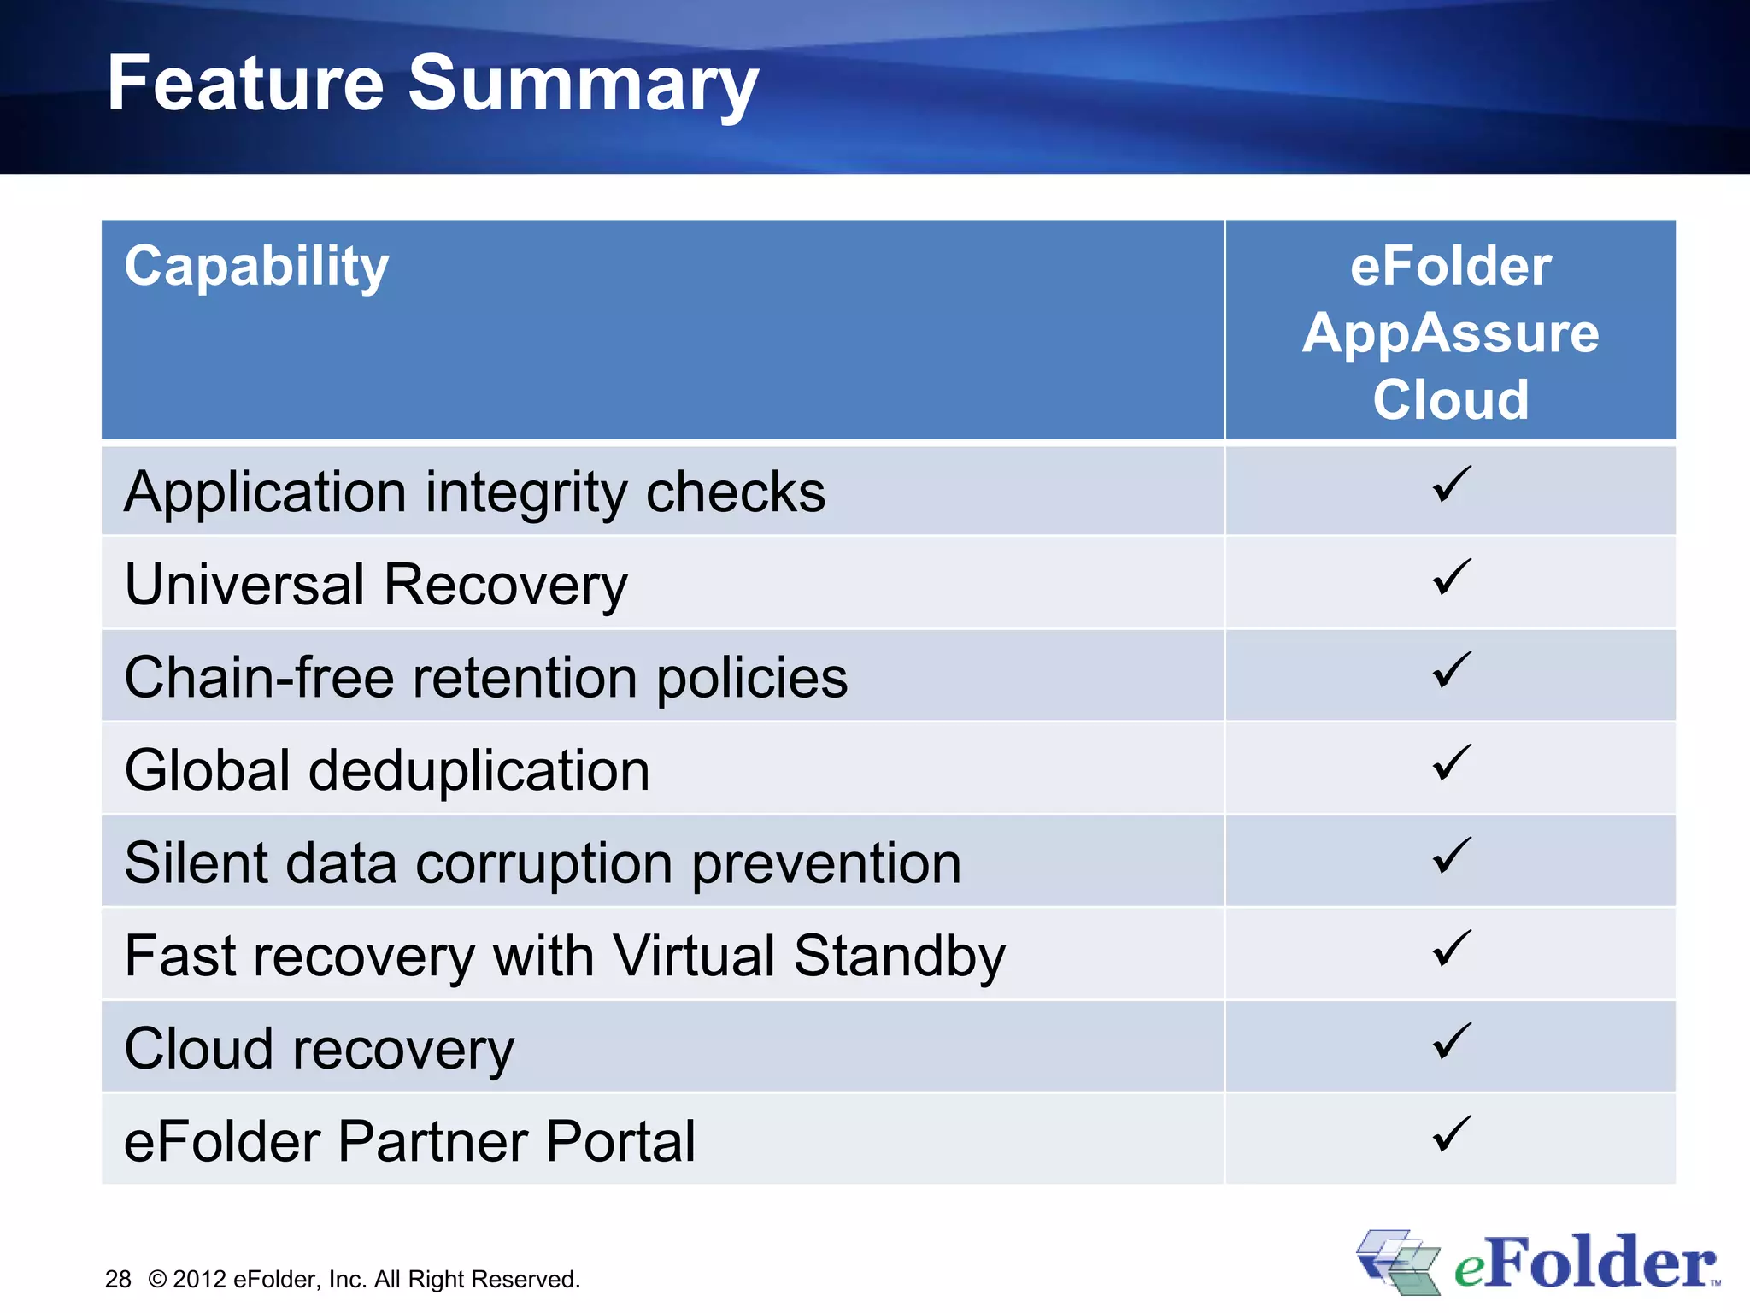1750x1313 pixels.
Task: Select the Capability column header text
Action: coord(256,267)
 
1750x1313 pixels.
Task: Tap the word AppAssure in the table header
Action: coord(1450,333)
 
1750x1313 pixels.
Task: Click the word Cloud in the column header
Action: coord(1450,399)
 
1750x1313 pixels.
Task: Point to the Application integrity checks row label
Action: coord(474,493)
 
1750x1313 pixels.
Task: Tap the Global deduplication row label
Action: coord(386,770)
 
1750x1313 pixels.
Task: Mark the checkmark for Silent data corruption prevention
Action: coord(1451,855)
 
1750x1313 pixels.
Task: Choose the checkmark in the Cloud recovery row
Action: coord(1451,1040)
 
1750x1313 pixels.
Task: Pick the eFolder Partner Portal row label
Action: coord(409,1141)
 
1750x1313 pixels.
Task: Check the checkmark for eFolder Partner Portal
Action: coord(1451,1133)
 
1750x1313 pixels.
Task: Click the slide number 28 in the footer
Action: coord(118,1279)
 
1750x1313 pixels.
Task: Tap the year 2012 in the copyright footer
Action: coord(198,1279)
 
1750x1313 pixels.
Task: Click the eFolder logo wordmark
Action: coord(1585,1263)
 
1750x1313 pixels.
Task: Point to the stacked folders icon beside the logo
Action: coord(1398,1262)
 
